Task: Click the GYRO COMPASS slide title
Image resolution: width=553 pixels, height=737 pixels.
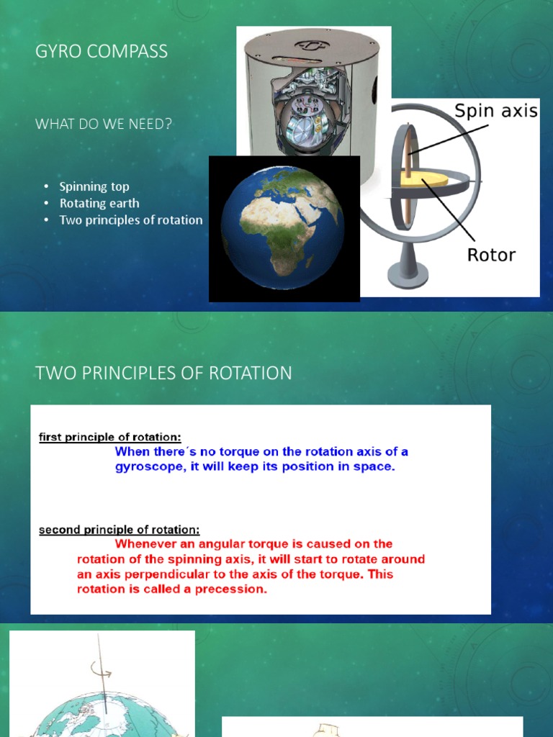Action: (x=102, y=51)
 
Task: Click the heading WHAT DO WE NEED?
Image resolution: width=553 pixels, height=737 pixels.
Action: (x=104, y=124)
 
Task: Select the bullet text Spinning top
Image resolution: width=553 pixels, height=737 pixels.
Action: (x=94, y=186)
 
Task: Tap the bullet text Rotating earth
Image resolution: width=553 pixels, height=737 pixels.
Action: (x=99, y=203)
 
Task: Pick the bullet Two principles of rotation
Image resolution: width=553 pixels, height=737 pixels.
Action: (x=130, y=220)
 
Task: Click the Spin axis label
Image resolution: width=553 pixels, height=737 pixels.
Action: (x=496, y=112)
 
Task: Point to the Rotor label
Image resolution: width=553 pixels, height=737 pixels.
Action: (x=492, y=255)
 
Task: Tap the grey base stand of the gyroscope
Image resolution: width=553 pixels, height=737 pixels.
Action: (x=408, y=274)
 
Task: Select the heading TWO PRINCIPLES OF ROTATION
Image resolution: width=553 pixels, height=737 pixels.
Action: (x=163, y=373)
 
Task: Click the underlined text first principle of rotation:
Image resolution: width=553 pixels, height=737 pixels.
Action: (x=109, y=437)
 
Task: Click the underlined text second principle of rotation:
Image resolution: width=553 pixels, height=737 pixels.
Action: (x=119, y=530)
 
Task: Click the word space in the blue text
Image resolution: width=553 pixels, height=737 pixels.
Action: (x=374, y=466)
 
